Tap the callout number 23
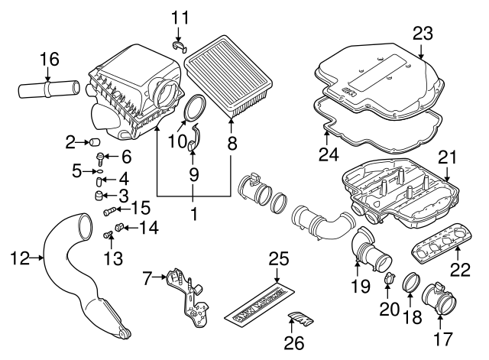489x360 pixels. point(423,33)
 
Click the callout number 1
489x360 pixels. point(193,216)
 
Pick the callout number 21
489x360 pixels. point(447,157)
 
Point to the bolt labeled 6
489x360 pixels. point(101,158)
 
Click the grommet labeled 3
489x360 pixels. point(99,196)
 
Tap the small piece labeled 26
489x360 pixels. point(300,319)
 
